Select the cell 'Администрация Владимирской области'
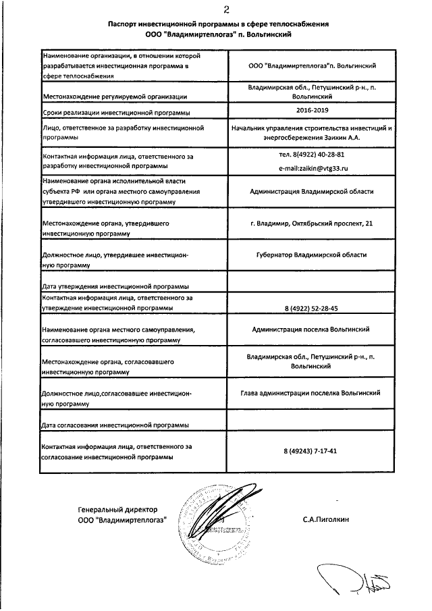pyautogui.click(x=311, y=192)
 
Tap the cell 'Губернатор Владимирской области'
pyautogui.click(x=311, y=255)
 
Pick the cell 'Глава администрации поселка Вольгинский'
pyautogui.click(x=311, y=392)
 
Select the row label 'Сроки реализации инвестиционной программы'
pyautogui.click(x=115, y=112)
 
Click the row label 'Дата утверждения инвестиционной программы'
pyautogui.click(x=115, y=286)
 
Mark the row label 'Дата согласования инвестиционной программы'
pyautogui.click(x=115, y=425)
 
